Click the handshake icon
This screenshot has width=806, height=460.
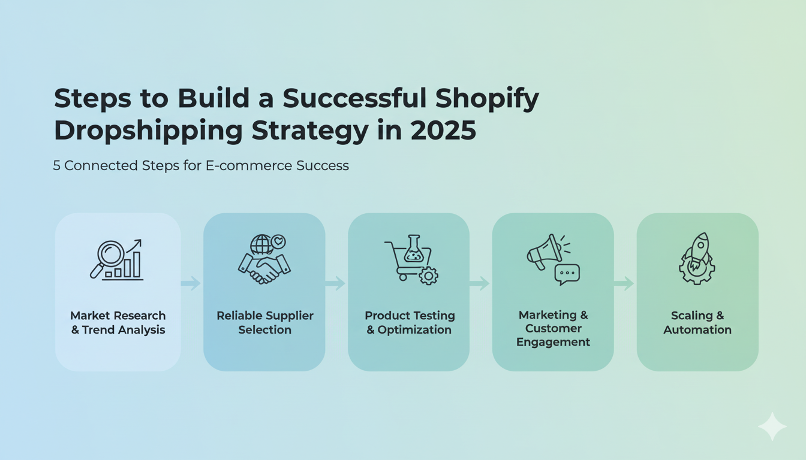point(264,267)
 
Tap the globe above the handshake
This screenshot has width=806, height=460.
point(261,244)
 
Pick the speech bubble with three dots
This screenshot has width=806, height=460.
point(567,274)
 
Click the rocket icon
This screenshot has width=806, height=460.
point(697,250)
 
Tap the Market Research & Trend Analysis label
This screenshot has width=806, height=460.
point(118,323)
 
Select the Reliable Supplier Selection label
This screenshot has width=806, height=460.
point(264,323)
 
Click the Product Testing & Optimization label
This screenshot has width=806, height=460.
point(410,323)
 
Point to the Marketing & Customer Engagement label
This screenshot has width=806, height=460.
point(553,328)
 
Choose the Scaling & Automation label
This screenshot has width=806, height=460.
point(697,323)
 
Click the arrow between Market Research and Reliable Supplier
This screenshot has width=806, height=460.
point(191,283)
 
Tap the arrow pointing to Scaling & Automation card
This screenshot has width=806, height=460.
point(624,283)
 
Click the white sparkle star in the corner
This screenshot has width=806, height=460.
point(772,426)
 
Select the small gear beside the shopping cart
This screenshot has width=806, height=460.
point(428,276)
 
